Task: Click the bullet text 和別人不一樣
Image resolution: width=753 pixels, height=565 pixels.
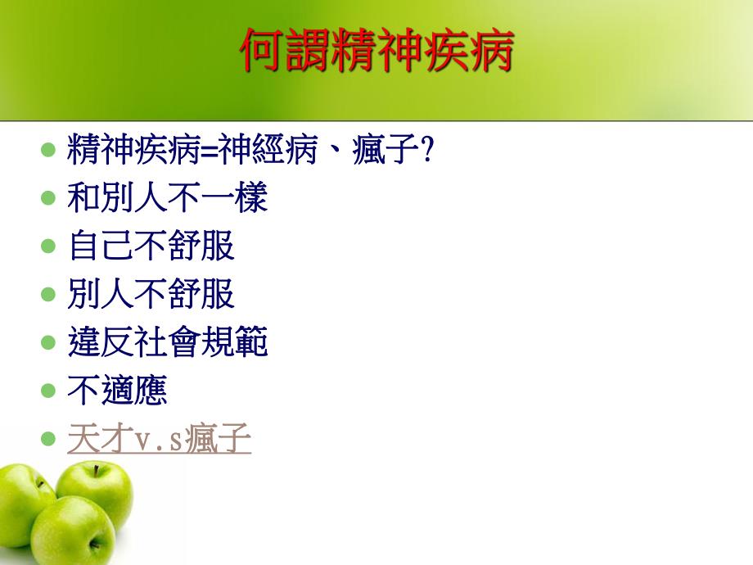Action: pos(168,198)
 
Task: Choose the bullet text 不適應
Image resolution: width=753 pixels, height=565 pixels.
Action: pos(118,391)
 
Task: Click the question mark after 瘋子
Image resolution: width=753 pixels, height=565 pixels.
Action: pos(425,151)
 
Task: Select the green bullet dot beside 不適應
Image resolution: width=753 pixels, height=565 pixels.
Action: pos(47,391)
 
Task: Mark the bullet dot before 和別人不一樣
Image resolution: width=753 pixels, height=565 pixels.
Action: pos(47,198)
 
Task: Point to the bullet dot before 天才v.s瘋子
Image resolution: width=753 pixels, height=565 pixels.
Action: pos(47,440)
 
